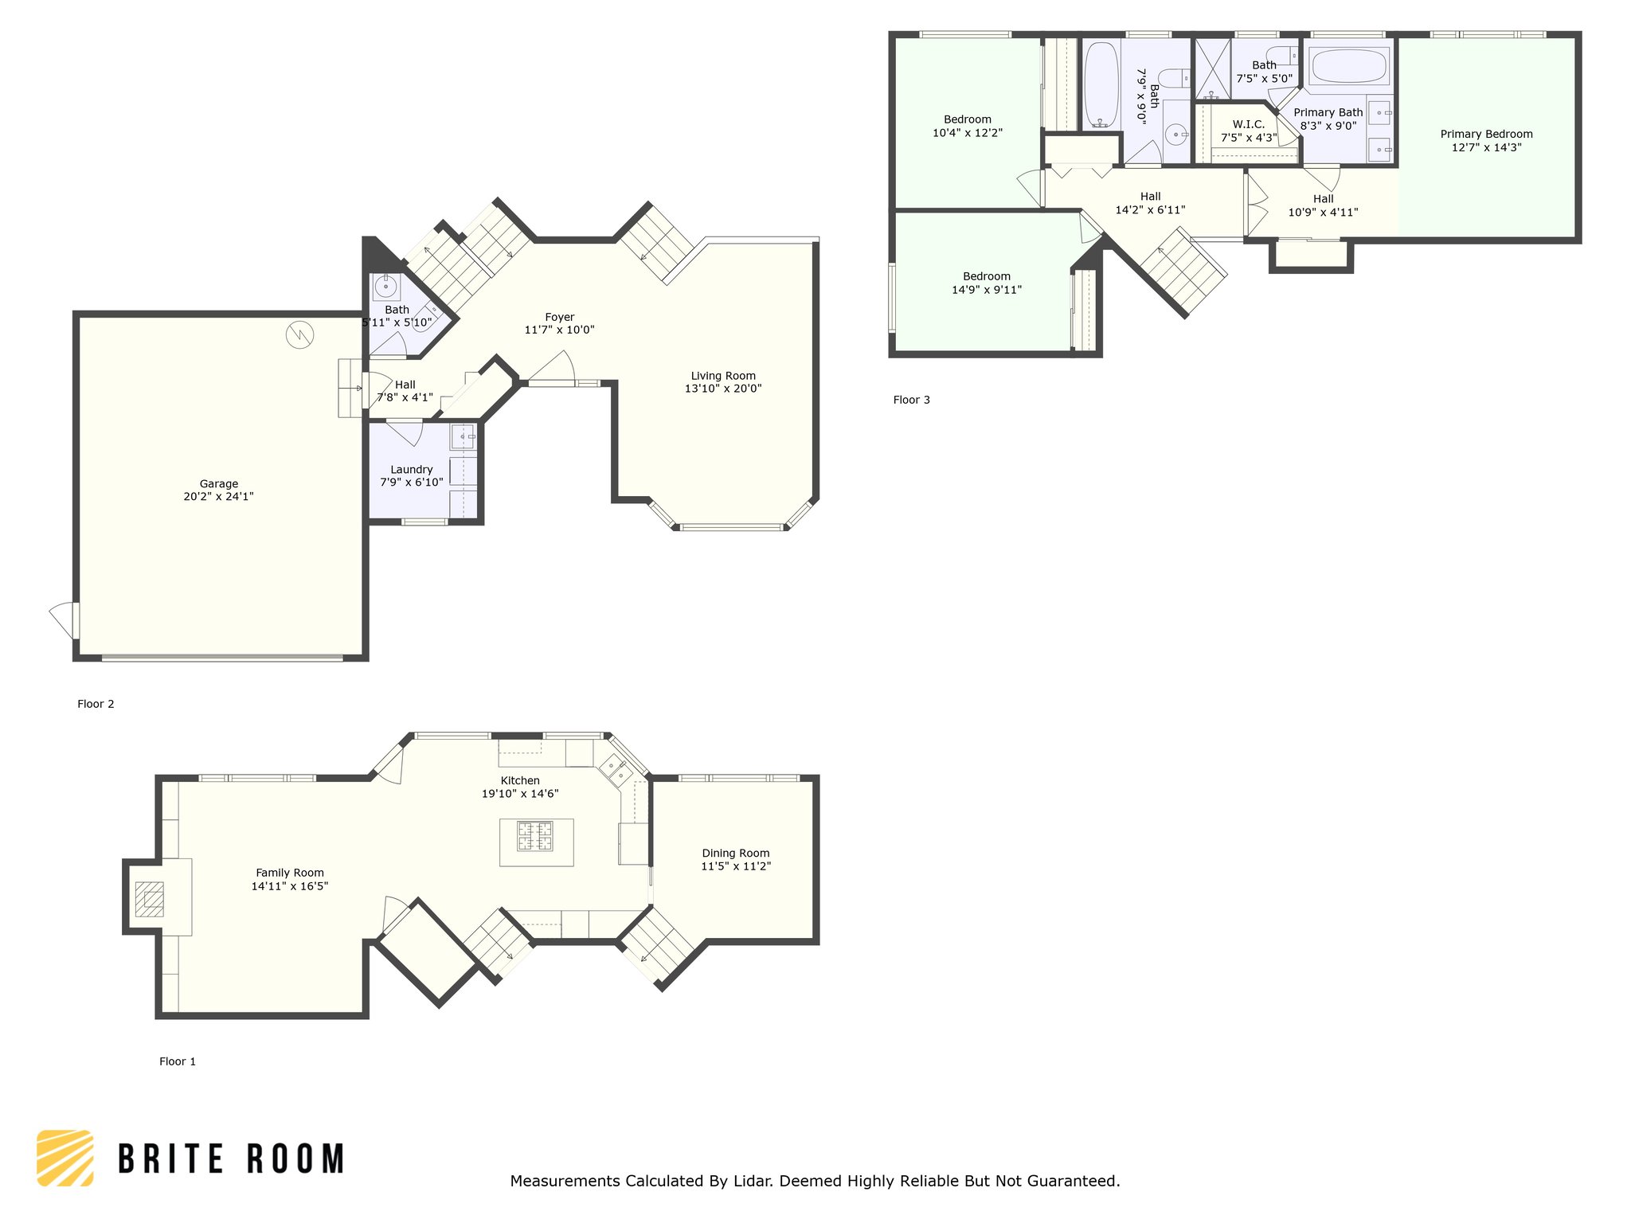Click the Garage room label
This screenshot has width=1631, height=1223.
(218, 483)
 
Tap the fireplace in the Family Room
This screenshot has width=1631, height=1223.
(149, 899)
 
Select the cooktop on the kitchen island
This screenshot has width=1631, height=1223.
(536, 836)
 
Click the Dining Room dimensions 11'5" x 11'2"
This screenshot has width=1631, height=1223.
(736, 866)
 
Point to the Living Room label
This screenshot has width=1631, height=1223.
(723, 376)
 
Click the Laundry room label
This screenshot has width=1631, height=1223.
(412, 470)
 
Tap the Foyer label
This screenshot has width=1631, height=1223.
(560, 317)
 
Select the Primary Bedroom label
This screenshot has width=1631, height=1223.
(1486, 134)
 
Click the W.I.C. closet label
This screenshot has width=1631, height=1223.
(1249, 124)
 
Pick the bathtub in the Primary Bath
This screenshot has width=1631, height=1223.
(1350, 65)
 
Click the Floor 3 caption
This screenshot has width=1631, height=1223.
(911, 400)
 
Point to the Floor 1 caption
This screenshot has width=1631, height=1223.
(177, 1061)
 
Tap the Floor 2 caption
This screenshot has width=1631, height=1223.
(96, 704)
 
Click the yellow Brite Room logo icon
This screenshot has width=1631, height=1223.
(65, 1158)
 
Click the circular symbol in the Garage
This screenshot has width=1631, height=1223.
(300, 334)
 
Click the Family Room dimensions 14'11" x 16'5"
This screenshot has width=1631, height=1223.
(290, 886)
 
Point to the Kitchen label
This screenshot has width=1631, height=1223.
(520, 780)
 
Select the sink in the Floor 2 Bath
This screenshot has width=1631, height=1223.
(385, 285)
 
